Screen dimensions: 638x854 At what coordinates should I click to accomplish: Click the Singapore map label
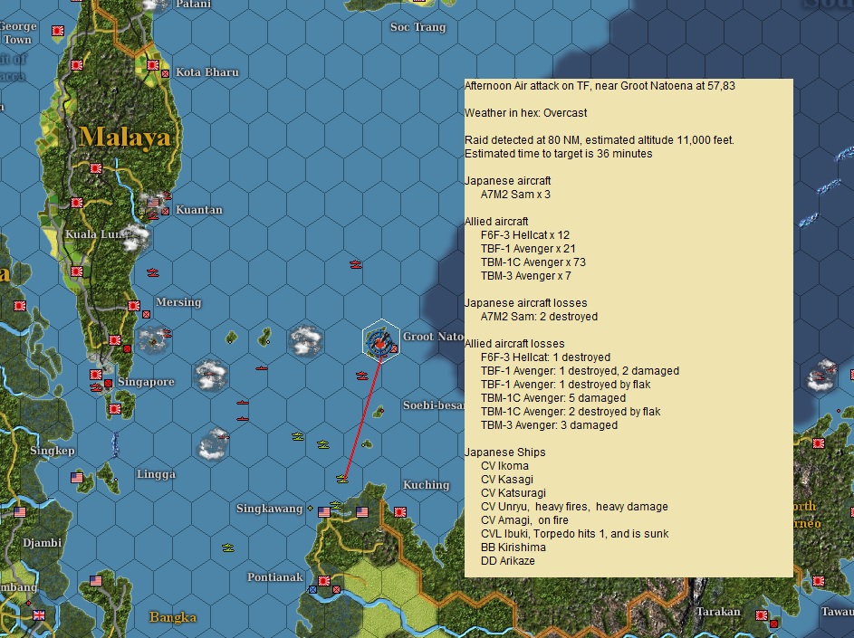(x=145, y=382)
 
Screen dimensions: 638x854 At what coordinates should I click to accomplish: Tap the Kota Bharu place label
(x=206, y=72)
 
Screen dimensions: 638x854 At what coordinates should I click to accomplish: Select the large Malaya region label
(x=124, y=138)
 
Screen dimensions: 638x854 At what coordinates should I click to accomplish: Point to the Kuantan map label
(x=199, y=210)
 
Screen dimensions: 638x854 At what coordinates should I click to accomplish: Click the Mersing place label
(x=178, y=302)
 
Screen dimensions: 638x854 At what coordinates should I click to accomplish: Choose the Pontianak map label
(x=274, y=577)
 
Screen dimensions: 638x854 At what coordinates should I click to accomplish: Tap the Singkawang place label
(x=269, y=509)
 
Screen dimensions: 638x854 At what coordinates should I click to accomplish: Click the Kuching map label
(x=426, y=485)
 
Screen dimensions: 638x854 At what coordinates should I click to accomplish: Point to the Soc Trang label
(x=417, y=27)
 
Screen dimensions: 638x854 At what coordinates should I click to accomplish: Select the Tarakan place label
(x=718, y=613)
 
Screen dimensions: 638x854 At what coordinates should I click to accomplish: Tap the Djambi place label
(x=43, y=543)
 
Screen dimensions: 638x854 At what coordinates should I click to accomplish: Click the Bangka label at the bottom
(x=172, y=618)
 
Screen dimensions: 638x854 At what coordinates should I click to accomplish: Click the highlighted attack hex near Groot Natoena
(x=380, y=341)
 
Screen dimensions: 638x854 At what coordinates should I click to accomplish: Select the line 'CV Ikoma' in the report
(x=504, y=466)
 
